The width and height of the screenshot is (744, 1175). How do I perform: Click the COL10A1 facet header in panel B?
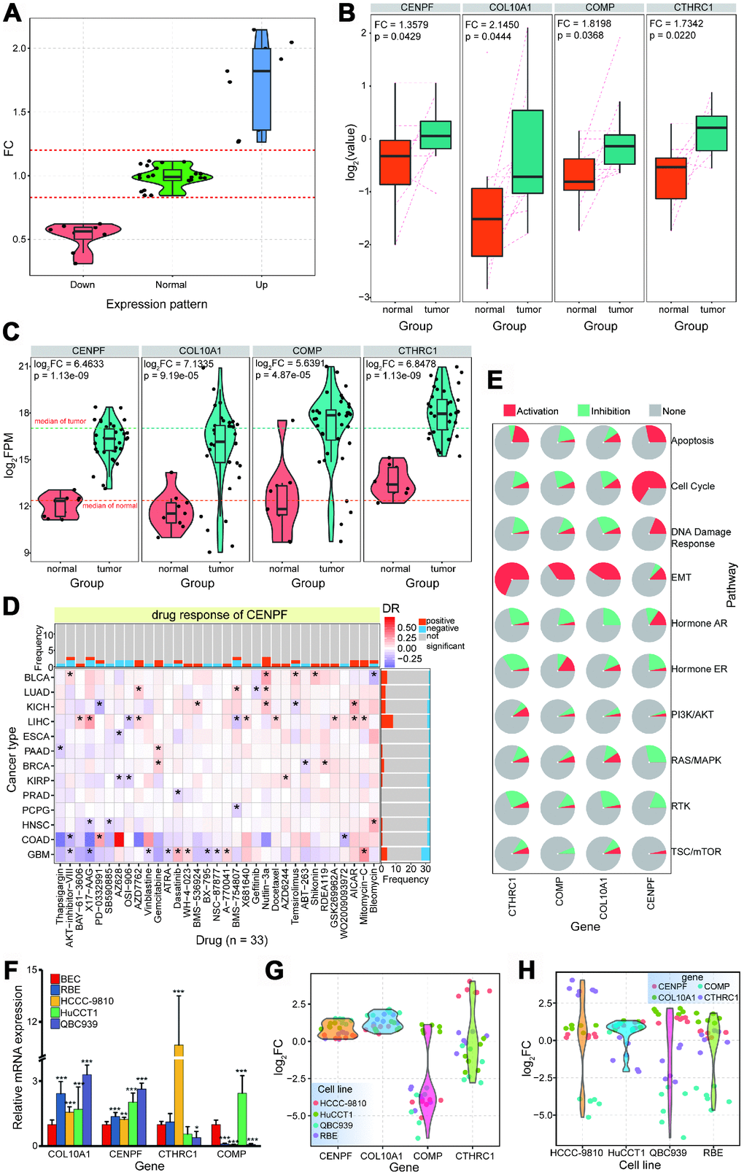(508, 8)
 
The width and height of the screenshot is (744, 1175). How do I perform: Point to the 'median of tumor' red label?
(60, 421)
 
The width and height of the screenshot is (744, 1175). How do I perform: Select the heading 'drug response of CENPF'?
(214, 615)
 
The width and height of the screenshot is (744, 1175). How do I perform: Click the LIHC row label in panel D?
(38, 721)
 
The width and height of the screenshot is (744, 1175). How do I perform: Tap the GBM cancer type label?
(39, 854)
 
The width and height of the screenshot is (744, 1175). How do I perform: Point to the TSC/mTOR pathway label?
(696, 852)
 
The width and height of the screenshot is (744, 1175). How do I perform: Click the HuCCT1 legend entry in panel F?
(79, 1012)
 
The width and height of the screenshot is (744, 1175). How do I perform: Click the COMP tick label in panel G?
(427, 1155)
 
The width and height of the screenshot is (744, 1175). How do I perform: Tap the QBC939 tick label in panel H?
(668, 1152)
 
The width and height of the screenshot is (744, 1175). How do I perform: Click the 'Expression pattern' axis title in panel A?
(157, 304)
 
